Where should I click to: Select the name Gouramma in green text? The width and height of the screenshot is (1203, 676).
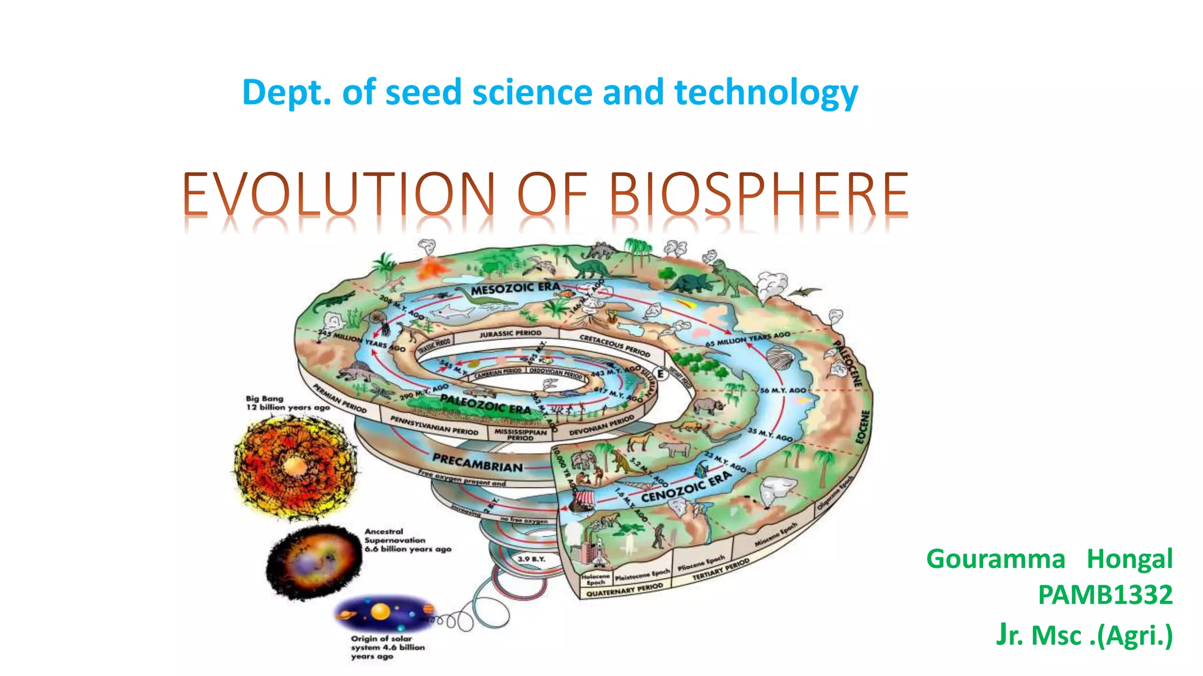tap(996, 559)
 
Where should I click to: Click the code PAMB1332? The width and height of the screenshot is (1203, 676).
tap(1105, 595)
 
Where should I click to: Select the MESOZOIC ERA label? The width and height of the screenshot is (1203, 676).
tap(515, 288)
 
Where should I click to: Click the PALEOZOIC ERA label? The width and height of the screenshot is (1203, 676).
tap(485, 404)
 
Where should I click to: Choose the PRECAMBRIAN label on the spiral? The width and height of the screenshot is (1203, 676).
tap(477, 462)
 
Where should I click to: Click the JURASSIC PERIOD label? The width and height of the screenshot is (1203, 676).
tap(510, 334)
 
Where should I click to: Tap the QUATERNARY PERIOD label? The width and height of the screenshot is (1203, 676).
tap(624, 589)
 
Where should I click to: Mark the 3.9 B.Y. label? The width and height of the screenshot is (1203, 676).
tap(531, 559)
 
